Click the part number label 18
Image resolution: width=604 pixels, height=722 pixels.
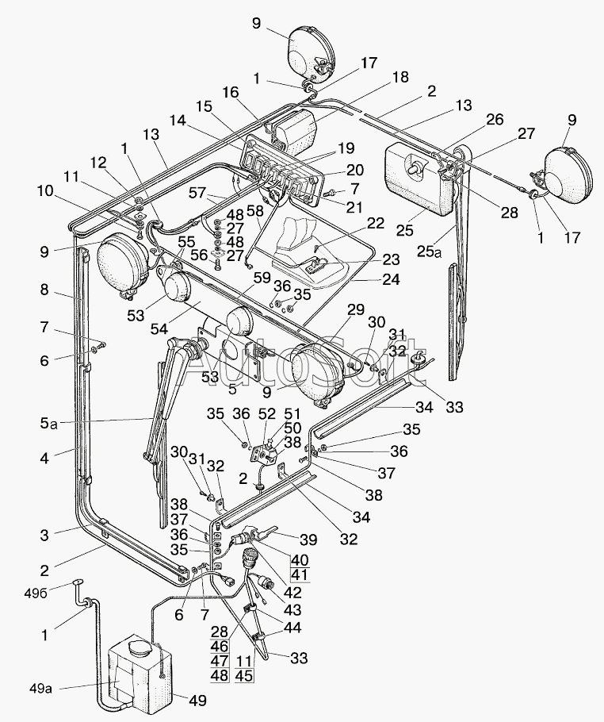point(400,77)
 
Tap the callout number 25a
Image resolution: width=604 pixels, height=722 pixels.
point(429,251)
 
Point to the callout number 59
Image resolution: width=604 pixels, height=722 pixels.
point(262,278)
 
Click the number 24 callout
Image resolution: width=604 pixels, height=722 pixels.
point(391,279)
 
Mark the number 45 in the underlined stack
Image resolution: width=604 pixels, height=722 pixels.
point(244,675)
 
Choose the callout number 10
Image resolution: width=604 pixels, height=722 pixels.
point(45,190)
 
